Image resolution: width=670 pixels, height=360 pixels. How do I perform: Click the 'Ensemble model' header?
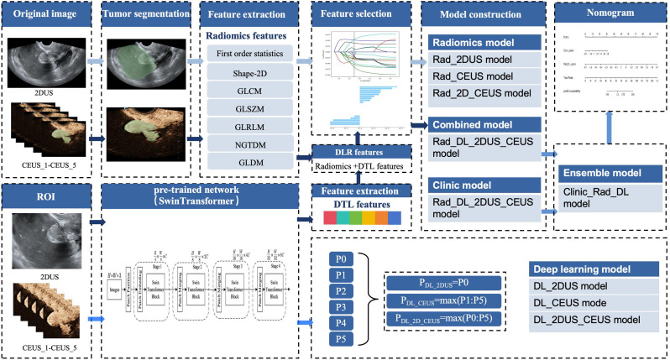pos(604,173)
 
